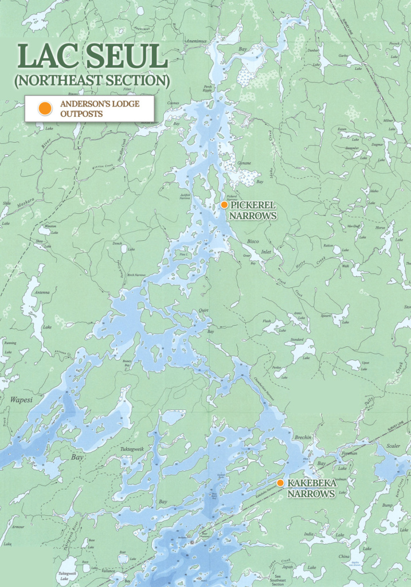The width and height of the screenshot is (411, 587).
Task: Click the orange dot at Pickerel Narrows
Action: (x=225, y=205)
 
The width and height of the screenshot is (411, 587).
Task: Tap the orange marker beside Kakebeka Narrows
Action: (x=280, y=483)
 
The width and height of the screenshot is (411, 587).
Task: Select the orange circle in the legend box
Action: (x=43, y=108)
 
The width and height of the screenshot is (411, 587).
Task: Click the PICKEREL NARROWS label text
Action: (x=253, y=210)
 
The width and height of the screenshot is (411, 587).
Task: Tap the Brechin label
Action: (x=303, y=437)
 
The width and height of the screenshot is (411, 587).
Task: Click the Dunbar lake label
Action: (x=313, y=51)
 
